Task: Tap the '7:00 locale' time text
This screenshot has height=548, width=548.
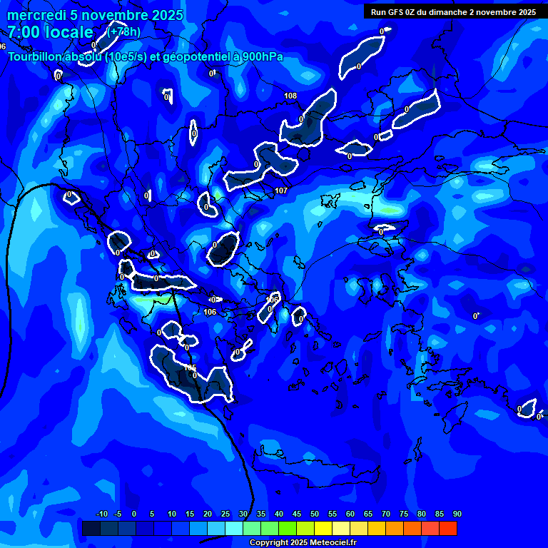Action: (50, 32)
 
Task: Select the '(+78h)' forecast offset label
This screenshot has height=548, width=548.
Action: (123, 31)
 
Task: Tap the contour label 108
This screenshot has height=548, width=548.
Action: (290, 96)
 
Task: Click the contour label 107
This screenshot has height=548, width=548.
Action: (280, 191)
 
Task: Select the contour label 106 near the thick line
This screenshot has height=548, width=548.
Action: (210, 312)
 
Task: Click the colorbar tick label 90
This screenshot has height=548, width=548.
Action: (457, 514)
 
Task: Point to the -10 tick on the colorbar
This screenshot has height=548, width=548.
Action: (101, 514)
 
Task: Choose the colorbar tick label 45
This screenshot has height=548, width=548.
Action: (296, 514)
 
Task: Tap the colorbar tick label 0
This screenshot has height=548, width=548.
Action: (134, 514)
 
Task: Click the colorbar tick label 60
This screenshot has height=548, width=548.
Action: (350, 514)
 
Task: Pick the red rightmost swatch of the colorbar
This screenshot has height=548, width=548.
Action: (447, 528)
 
